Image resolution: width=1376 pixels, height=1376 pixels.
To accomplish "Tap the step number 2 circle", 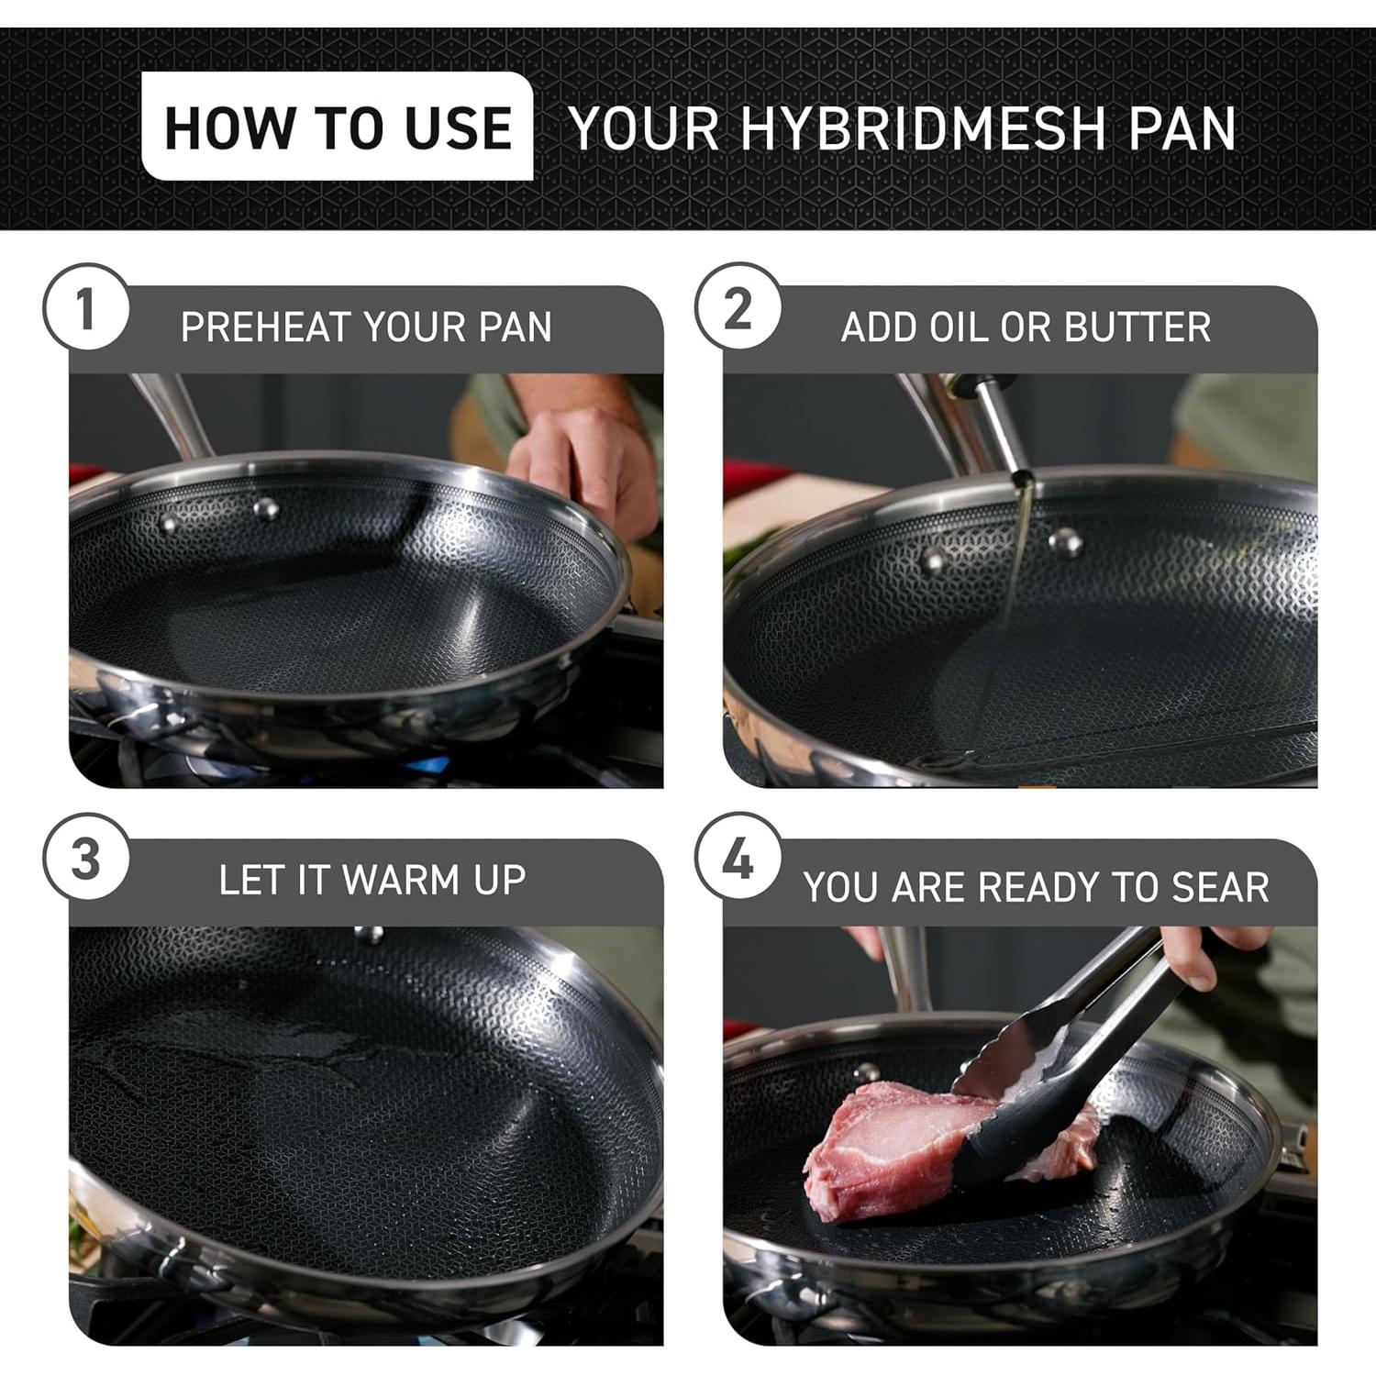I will point(738,308).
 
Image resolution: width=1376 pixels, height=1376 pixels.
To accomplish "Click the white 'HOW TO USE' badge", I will point(337,127).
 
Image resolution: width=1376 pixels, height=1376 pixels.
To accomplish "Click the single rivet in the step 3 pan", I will point(370,935).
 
